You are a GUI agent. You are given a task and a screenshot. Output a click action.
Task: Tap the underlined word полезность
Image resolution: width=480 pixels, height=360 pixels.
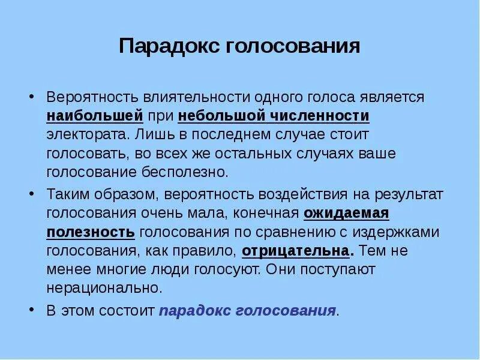pyautogui.click(x=91, y=232)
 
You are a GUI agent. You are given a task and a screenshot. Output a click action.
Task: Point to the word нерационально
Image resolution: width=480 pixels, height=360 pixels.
pyautogui.click(x=105, y=289)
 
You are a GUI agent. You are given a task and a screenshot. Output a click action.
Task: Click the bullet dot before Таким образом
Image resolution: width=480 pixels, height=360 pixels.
pyautogui.click(x=31, y=194)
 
